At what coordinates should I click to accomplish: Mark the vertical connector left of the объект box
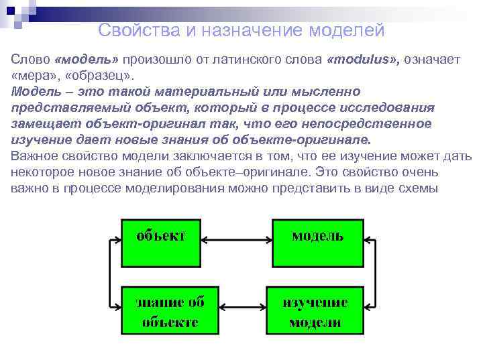pos(109,274)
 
